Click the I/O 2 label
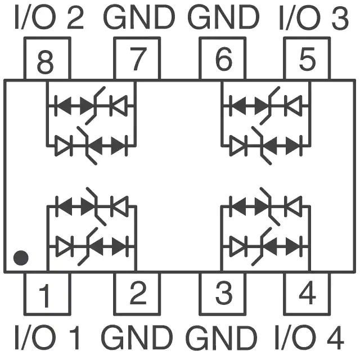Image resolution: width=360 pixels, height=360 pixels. click(49, 17)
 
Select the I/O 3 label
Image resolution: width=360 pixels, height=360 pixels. click(314, 17)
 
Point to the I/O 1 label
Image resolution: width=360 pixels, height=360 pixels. click(47, 337)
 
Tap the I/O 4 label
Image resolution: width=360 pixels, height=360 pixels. click(309, 337)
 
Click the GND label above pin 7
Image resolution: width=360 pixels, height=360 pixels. click(139, 17)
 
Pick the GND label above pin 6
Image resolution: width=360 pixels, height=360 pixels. click(223, 17)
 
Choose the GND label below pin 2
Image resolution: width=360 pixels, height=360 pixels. click(137, 337)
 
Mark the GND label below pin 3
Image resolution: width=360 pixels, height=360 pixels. click(221, 337)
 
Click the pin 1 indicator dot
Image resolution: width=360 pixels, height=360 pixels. click(21, 258)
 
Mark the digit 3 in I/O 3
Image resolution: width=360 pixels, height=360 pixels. click(340, 18)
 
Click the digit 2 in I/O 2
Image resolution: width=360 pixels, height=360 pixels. click(75, 17)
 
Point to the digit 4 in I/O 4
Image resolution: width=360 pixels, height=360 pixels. click(335, 337)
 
